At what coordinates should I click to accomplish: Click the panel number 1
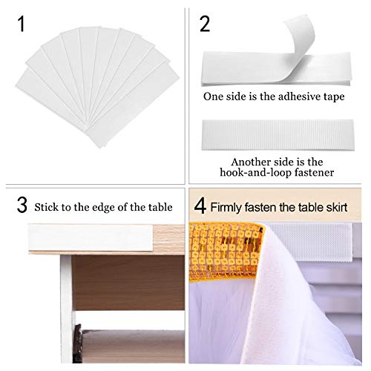point(23,24)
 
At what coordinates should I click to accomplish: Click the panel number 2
point(206,24)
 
